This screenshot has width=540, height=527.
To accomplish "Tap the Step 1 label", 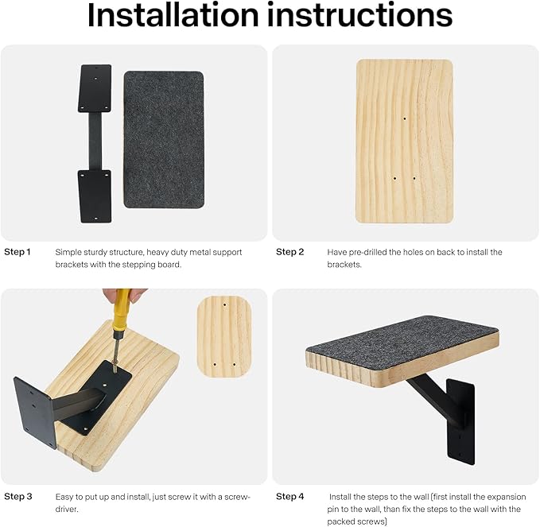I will tap(17, 252).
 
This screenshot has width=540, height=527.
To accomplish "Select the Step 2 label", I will tap(290, 252).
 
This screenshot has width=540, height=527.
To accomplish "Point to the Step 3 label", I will tap(17, 496).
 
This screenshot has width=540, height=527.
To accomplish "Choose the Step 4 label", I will tap(290, 496).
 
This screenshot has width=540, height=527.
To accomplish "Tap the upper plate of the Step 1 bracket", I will tap(95, 87).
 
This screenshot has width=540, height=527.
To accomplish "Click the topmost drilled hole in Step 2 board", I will tap(404, 118).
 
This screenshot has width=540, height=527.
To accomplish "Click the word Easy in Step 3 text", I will tap(65, 496).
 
